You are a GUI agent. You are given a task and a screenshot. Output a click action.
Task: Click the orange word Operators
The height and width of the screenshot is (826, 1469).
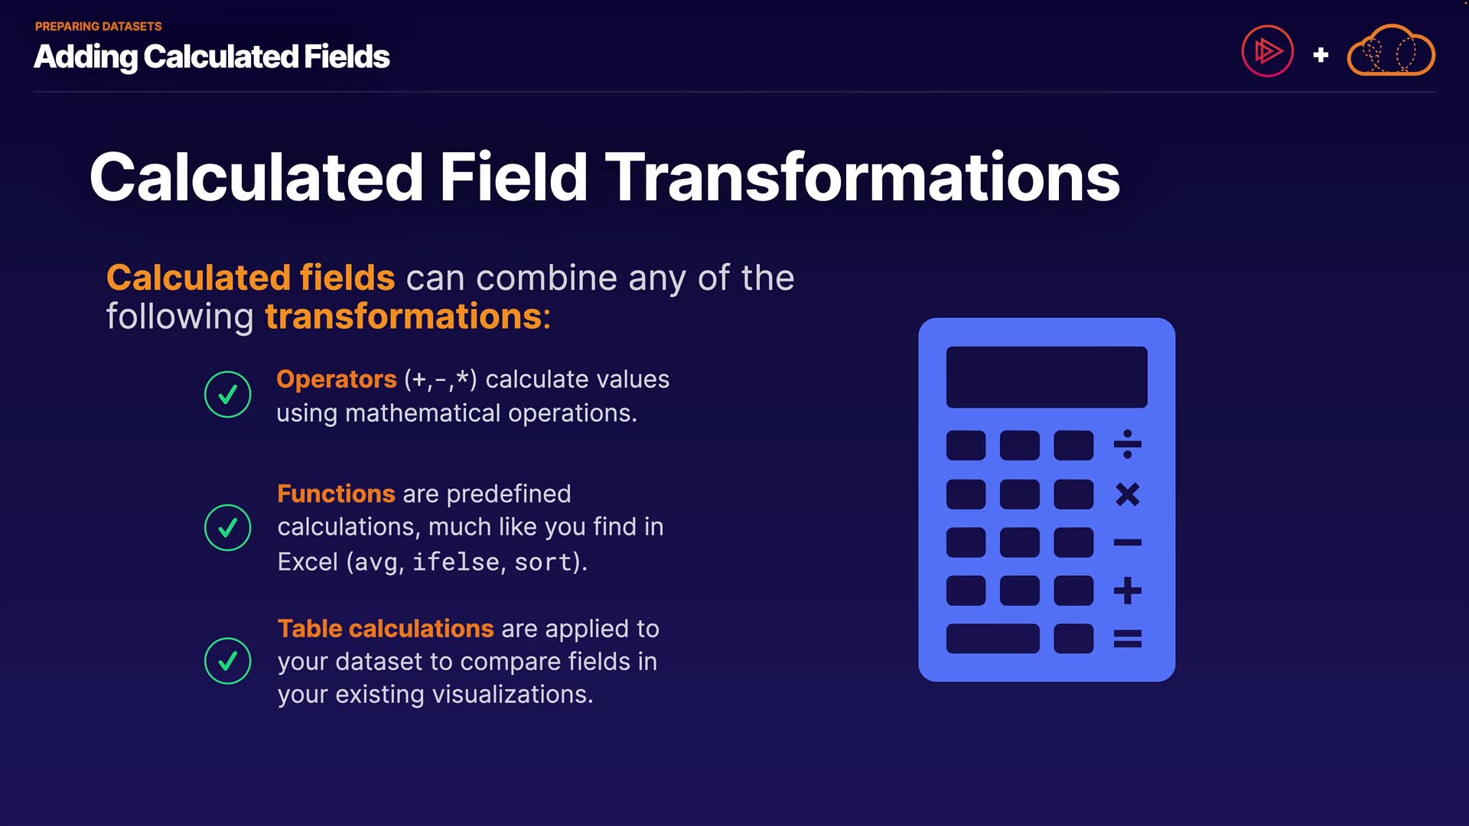(336, 379)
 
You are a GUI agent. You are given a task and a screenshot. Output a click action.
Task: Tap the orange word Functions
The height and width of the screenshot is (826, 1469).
(336, 494)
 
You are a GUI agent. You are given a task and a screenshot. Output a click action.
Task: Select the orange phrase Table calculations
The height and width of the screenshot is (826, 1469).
(386, 629)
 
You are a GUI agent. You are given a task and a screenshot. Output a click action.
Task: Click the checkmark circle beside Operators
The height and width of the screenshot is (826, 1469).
(228, 395)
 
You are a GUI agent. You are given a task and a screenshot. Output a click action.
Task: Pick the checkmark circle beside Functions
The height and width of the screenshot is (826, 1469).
(228, 528)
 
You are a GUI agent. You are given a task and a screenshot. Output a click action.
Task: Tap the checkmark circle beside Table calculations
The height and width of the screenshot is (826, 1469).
(228, 661)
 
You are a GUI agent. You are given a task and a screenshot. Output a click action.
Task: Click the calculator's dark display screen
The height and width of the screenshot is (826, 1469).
(1047, 377)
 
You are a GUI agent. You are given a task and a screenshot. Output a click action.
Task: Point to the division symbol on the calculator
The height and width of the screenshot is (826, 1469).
(1128, 444)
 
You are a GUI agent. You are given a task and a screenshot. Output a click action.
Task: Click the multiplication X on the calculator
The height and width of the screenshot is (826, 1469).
(1128, 494)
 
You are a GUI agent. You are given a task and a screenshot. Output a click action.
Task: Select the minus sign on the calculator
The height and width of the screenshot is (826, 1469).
(1128, 542)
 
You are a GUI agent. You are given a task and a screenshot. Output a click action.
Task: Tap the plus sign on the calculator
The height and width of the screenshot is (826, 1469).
(1128, 590)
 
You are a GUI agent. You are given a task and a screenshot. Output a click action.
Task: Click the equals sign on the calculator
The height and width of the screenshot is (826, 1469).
(1128, 639)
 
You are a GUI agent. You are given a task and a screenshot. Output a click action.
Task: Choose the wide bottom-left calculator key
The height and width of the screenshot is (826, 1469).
(993, 639)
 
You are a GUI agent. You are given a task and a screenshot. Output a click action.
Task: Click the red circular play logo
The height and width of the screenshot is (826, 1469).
(1268, 52)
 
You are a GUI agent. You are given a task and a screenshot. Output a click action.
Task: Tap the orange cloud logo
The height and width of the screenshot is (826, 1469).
(1391, 50)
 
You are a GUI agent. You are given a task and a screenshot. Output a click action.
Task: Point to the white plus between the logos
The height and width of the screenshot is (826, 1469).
(1321, 55)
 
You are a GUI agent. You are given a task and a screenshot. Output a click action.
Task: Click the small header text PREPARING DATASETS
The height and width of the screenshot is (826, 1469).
(99, 27)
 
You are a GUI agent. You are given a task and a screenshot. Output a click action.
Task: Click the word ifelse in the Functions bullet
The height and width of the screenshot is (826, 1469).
(456, 562)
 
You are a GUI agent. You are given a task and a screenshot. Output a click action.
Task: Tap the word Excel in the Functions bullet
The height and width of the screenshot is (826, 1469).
(308, 562)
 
